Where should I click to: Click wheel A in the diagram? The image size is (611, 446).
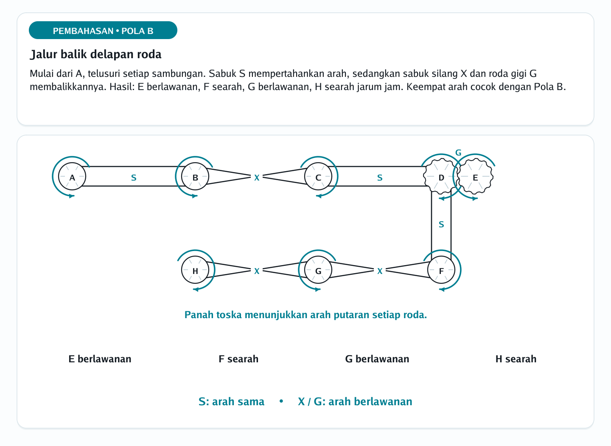[72, 176]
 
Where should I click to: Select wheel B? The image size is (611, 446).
[195, 176]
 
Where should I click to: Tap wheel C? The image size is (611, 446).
[318, 176]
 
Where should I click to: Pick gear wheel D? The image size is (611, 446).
[441, 176]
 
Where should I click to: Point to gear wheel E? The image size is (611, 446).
[475, 176]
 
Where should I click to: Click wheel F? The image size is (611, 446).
[441, 270]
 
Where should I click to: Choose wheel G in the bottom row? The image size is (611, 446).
[318, 270]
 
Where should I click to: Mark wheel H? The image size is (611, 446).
[195, 270]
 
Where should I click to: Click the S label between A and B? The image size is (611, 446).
[134, 178]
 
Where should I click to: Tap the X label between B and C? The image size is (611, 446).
[257, 178]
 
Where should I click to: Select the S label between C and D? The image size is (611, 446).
[380, 178]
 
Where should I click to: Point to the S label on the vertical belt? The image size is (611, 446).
[441, 225]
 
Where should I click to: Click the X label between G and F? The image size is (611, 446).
[380, 271]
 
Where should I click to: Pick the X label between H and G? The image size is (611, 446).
[257, 271]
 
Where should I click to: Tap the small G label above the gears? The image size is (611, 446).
[458, 152]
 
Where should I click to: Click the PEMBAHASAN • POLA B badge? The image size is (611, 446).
[103, 30]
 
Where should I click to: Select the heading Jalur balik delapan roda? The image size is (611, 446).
[95, 54]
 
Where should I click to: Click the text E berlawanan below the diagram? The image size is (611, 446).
[100, 359]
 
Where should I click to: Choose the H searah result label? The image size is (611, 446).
[516, 359]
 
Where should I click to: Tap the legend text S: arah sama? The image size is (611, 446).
[231, 402]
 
